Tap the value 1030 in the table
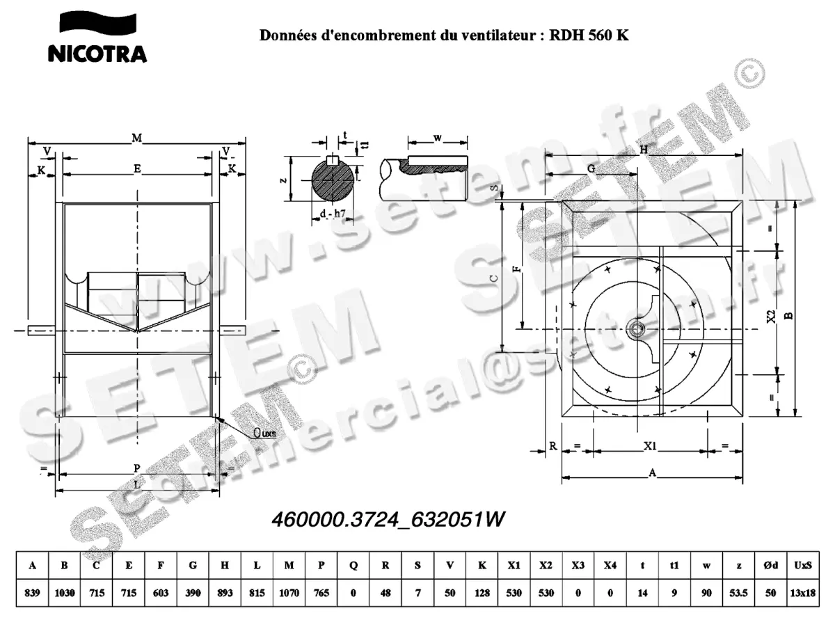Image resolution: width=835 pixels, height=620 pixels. pos(65,594)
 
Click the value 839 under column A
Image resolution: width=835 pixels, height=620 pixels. pos(32,594)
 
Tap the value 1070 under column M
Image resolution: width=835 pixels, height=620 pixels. pos(289,594)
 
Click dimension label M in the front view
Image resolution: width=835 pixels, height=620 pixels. pos(137,139)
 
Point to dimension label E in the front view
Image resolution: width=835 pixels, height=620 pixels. pos(137,169)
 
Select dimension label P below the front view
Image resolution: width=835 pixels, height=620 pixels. pos(137,468)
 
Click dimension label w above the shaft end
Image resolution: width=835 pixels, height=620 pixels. pos(437,138)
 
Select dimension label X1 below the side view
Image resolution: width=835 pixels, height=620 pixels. pos(650,445)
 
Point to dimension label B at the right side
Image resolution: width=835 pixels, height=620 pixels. pos(789,315)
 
